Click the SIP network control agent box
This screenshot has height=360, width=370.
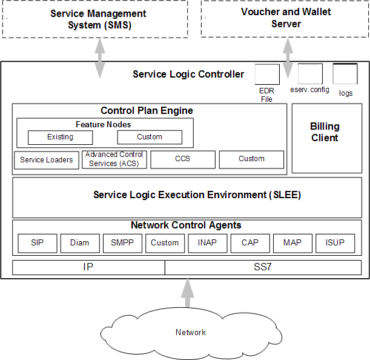tap(37, 243)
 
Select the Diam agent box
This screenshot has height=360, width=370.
tap(79, 243)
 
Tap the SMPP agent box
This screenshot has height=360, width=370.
tap(122, 243)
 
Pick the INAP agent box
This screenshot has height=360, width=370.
tap(207, 243)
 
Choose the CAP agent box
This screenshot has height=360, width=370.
tap(249, 243)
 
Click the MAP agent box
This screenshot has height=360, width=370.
tap(292, 243)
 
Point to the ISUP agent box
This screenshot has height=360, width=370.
tap(335, 243)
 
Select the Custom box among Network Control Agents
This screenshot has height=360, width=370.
tap(165, 243)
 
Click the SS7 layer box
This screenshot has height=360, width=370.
tap(263, 267)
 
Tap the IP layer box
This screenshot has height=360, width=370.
tap(88, 267)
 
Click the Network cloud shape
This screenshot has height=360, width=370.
tap(190, 332)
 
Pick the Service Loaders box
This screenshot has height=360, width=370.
tap(47, 160)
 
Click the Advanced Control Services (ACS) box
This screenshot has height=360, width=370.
tap(114, 159)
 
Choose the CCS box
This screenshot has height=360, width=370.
tap(182, 159)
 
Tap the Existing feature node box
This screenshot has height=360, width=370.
tap(60, 138)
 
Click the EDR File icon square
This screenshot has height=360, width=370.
tap(266, 75)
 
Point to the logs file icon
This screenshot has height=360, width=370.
tap(345, 75)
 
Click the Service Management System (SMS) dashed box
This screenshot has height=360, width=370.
tap(98, 19)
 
